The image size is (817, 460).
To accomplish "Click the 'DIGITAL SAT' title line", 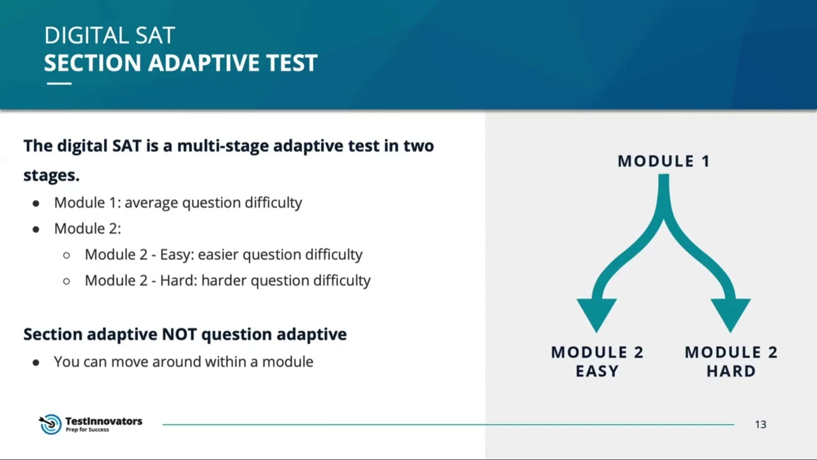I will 109,36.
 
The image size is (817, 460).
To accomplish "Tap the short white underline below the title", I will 59,84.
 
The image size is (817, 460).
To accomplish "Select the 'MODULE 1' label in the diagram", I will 663,162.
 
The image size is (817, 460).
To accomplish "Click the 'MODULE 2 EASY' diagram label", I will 597,362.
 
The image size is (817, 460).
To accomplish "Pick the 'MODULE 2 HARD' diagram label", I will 731,362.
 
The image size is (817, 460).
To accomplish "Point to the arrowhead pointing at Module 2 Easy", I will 597,313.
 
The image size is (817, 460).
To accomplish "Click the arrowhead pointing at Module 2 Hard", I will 730,313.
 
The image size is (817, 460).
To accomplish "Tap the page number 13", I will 760,425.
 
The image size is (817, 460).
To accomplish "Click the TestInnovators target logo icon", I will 50,424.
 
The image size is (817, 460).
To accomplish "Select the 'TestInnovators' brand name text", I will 103,421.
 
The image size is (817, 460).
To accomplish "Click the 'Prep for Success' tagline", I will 87,430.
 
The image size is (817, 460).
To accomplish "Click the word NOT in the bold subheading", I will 180,334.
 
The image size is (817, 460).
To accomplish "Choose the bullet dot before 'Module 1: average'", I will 36,203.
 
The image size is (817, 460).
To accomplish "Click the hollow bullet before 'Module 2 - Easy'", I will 66,255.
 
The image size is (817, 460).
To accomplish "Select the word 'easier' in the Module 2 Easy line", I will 218,254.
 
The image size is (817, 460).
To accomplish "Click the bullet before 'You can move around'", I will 36,362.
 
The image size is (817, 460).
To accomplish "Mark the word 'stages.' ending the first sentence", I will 51,175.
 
